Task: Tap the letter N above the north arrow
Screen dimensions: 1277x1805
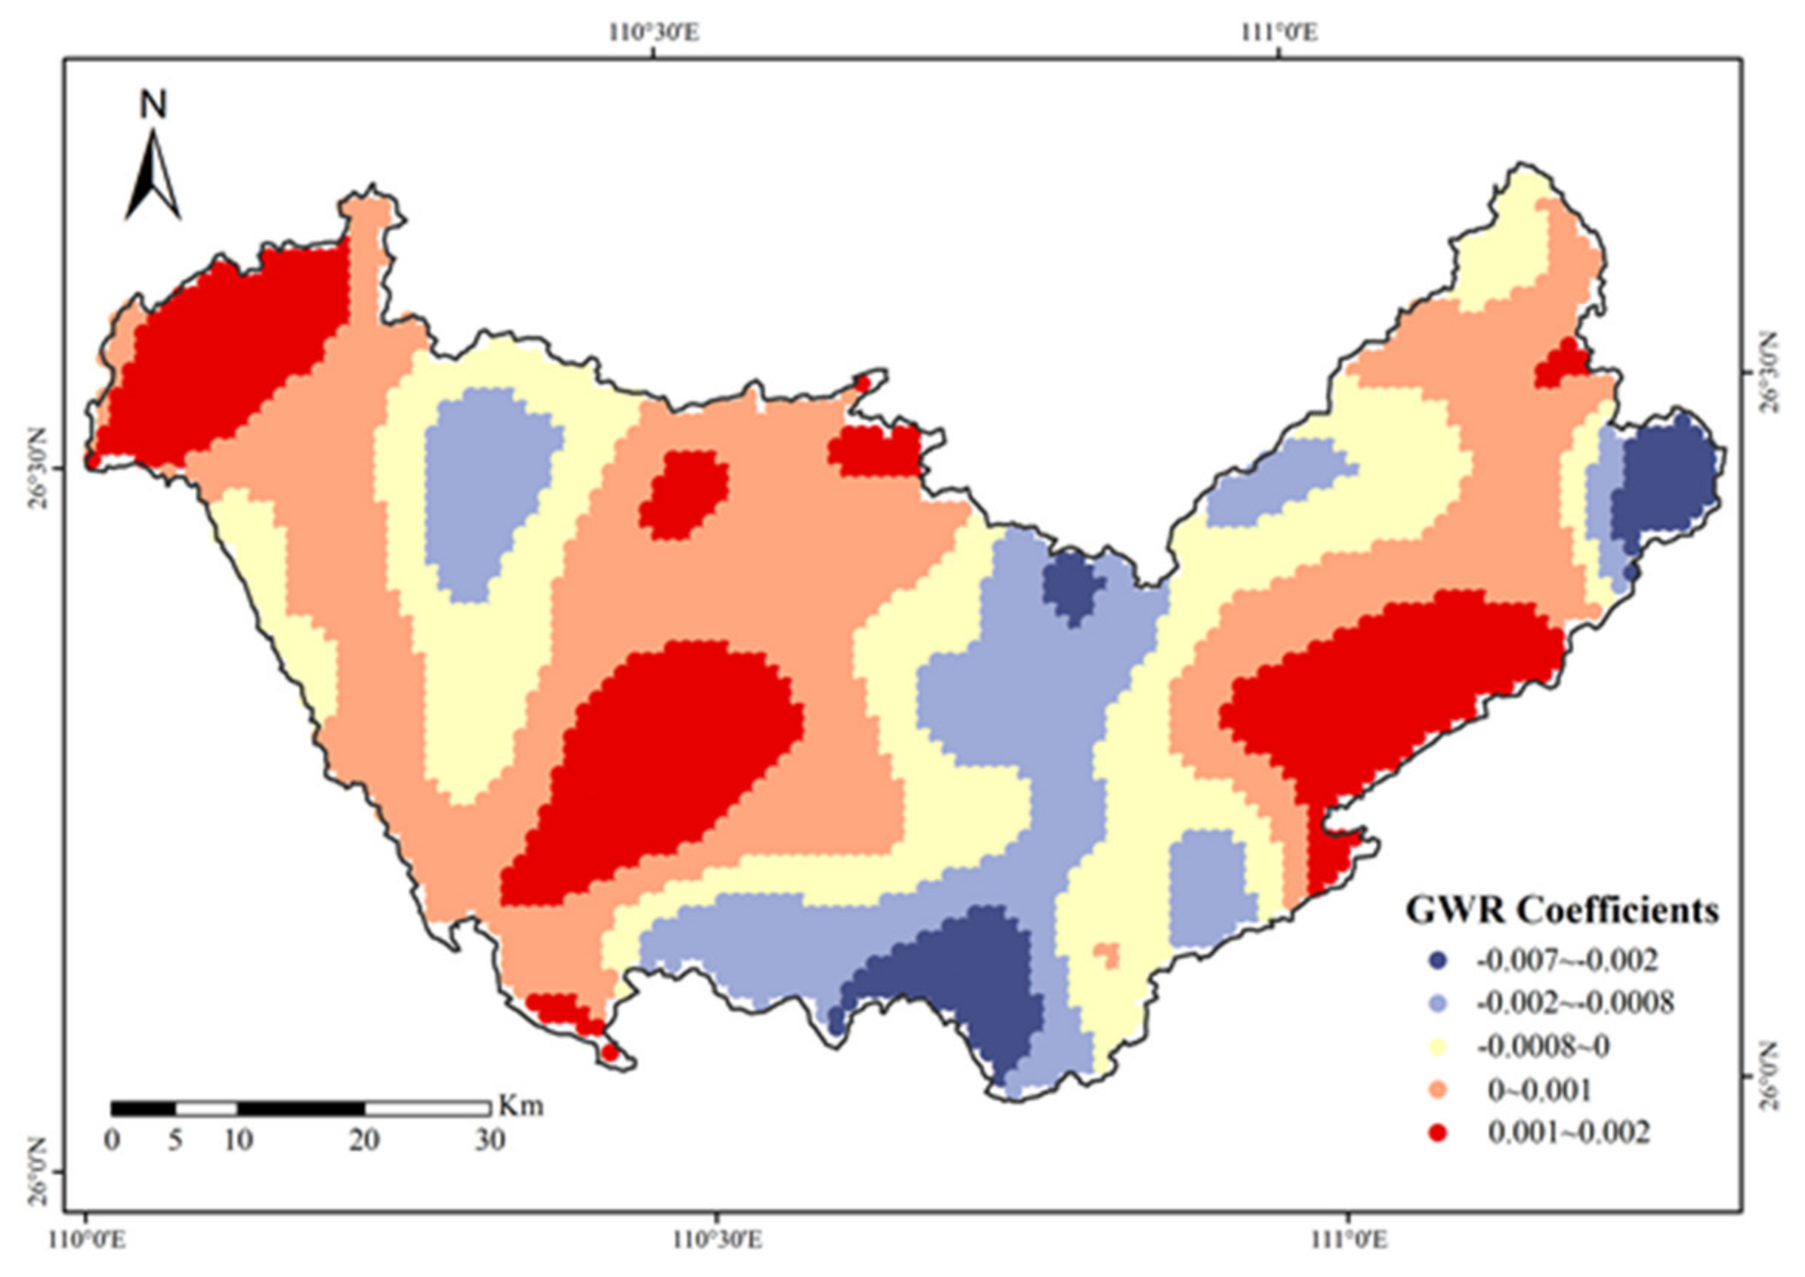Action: (x=154, y=105)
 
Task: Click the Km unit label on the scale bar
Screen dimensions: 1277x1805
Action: (x=521, y=1106)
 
